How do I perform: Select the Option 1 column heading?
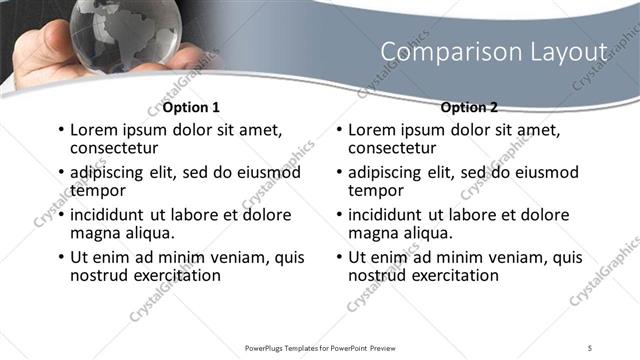click(191, 107)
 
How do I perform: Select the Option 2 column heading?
click(469, 107)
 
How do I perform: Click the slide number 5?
click(591, 347)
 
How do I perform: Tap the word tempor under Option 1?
click(96, 190)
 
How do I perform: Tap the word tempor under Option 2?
click(374, 190)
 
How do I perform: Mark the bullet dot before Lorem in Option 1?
click(61, 130)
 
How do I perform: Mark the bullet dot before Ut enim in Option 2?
click(339, 258)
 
